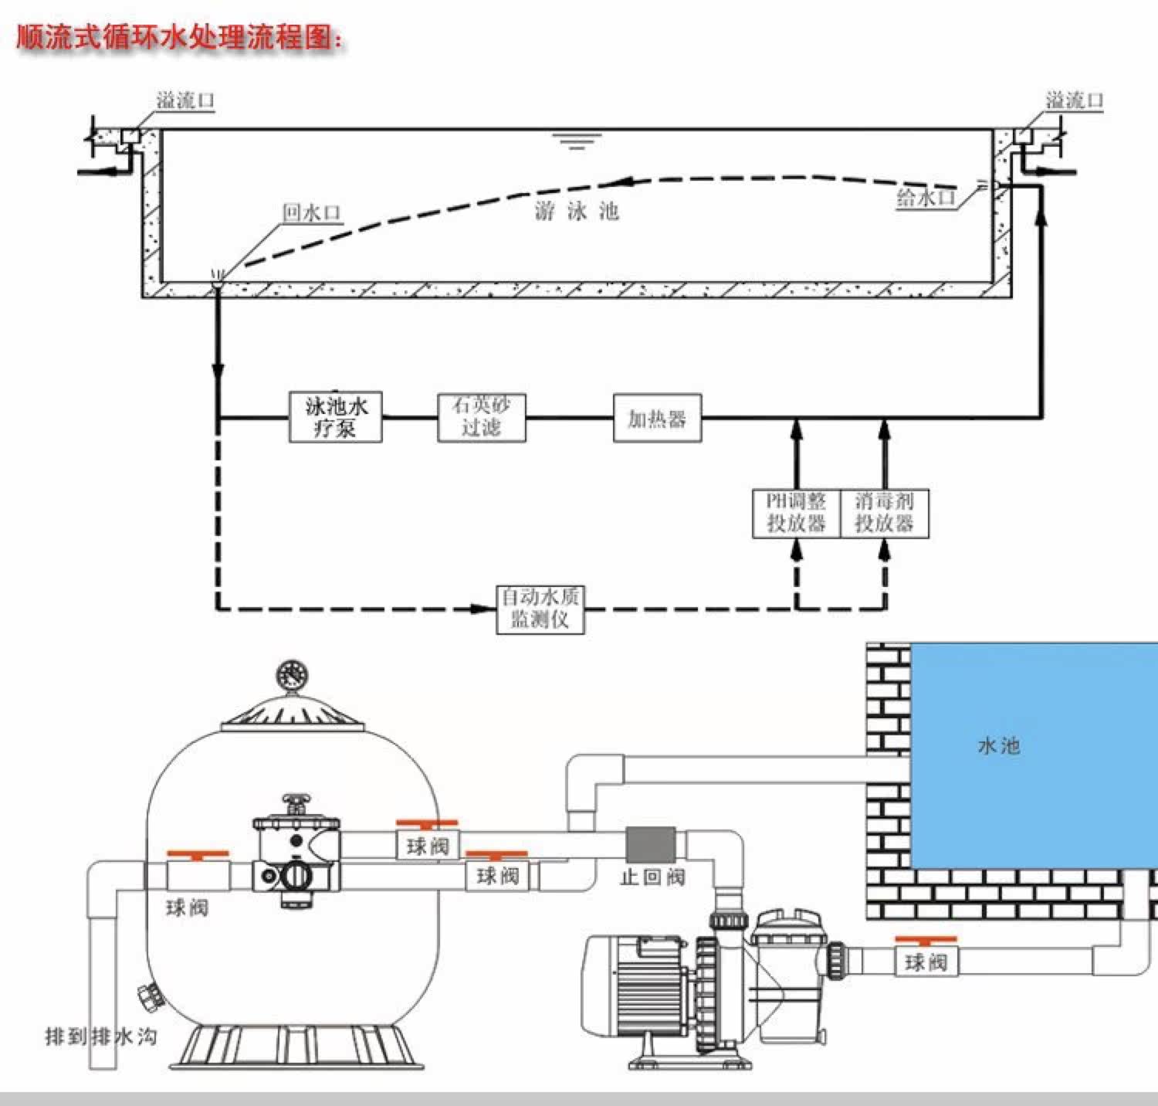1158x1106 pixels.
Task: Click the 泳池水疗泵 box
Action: click(x=336, y=417)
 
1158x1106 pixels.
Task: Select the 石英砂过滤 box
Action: click(x=482, y=417)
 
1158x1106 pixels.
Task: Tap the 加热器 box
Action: click(x=657, y=418)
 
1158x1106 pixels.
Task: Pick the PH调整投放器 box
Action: click(x=796, y=513)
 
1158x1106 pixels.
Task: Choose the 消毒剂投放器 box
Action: click(x=884, y=513)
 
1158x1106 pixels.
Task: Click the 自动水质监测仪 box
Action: click(x=540, y=609)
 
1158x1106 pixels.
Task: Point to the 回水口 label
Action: click(x=311, y=212)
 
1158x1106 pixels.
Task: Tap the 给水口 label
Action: click(x=926, y=198)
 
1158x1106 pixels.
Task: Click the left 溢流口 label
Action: click(x=185, y=100)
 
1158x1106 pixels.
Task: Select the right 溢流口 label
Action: click(x=1074, y=100)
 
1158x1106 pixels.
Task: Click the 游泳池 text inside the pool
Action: click(x=577, y=211)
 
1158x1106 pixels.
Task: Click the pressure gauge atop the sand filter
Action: click(x=293, y=675)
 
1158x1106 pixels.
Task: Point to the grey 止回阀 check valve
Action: click(x=650, y=844)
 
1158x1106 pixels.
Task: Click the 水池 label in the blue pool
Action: click(x=999, y=745)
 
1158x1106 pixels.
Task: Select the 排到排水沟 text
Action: click(x=101, y=1035)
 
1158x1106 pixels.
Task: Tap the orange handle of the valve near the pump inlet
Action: click(x=926, y=940)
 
